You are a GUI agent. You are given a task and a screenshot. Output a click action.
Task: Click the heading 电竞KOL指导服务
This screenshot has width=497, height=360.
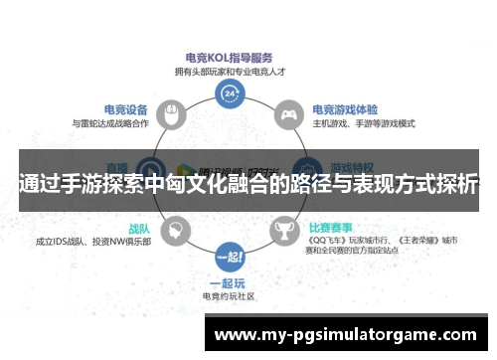point(230,59)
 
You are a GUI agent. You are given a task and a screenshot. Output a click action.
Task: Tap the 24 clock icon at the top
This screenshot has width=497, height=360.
point(231,92)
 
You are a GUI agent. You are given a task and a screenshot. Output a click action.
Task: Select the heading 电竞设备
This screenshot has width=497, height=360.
point(125,109)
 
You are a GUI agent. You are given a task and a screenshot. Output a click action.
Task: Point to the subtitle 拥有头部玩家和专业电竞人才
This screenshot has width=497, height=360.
point(230,72)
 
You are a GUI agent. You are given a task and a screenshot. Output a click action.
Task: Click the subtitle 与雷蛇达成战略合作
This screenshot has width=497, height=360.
point(110,123)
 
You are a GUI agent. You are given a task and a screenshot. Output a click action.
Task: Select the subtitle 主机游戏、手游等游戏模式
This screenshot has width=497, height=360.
point(364,123)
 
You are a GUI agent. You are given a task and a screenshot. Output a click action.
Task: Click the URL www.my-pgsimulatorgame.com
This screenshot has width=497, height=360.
point(350,334)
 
